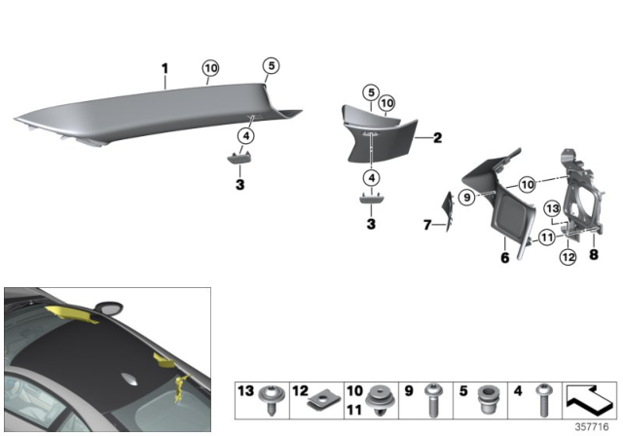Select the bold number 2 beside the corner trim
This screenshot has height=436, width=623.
coord(437,139)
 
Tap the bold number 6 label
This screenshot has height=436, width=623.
coord(504,258)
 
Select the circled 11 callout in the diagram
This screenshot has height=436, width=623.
coord(547,236)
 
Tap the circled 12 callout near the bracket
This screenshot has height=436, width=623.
coord(566,257)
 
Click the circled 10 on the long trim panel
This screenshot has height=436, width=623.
coord(210,68)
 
